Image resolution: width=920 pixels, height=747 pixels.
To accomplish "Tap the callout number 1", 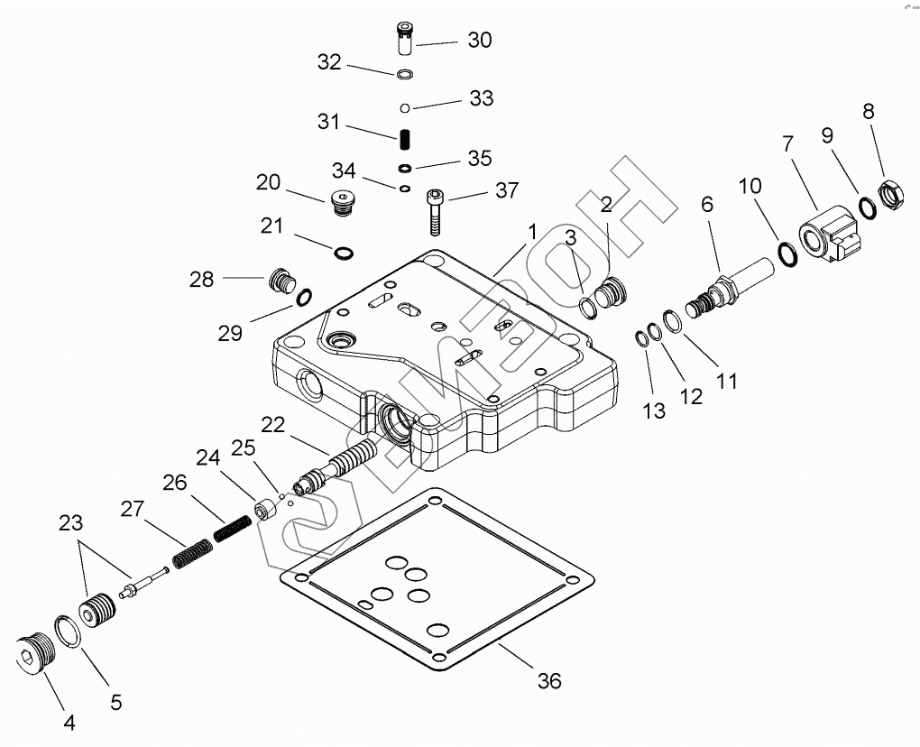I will coord(533,231).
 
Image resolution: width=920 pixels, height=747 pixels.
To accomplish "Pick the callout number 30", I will coord(479,40).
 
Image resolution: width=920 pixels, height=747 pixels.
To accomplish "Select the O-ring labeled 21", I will coord(343,252).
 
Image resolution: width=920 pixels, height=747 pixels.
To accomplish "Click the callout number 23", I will coord(70,522).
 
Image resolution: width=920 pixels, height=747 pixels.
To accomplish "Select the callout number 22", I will coord(274,424).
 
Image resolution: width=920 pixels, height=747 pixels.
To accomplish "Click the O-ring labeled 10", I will coord(786,253).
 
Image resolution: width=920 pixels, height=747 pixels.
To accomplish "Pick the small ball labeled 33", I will coord(406,109).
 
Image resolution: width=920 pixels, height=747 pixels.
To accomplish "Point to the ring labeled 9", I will coord(867,207).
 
